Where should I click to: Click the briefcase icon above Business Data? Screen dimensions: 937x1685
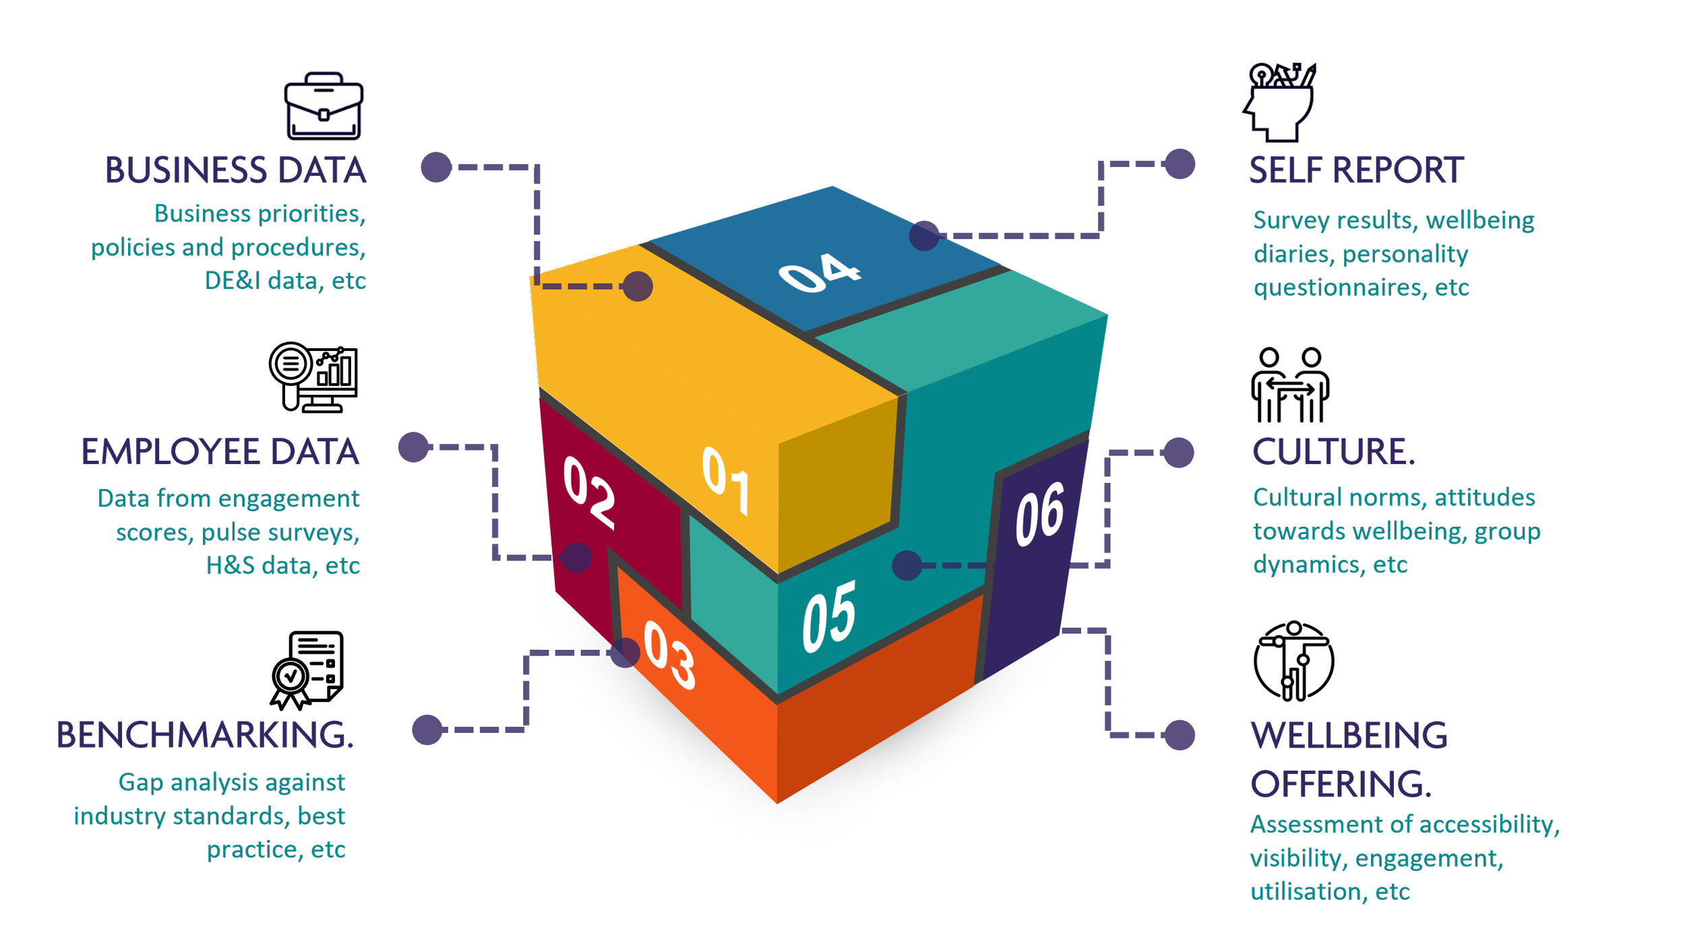tap(324, 106)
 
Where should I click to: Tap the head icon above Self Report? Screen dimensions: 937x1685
tap(1279, 102)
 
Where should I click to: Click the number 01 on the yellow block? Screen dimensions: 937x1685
tap(725, 480)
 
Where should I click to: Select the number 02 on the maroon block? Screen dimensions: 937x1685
tap(589, 492)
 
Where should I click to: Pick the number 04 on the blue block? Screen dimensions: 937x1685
tap(820, 273)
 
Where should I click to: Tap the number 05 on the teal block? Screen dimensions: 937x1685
tap(828, 616)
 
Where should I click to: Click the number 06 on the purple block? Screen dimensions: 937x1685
tap(1039, 513)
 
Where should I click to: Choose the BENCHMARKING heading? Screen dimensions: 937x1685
tap(204, 735)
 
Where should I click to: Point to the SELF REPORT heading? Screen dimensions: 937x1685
tap(1356, 171)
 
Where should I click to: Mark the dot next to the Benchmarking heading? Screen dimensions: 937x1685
tap(427, 730)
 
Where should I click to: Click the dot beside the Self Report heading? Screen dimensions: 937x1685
tap(1179, 164)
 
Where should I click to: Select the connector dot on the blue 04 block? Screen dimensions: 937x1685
tap(924, 236)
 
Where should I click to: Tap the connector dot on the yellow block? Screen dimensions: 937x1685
tap(638, 286)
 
